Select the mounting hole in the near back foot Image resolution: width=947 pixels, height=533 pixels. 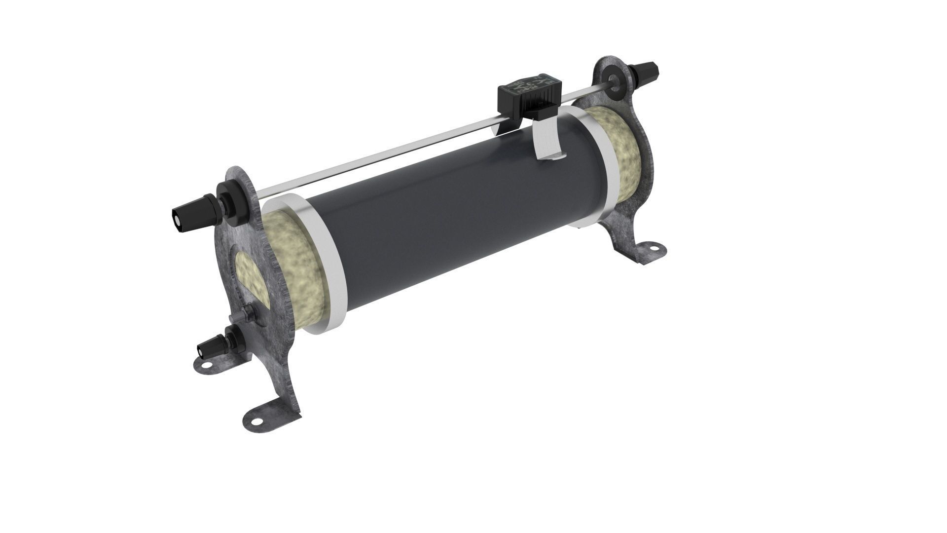206,366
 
